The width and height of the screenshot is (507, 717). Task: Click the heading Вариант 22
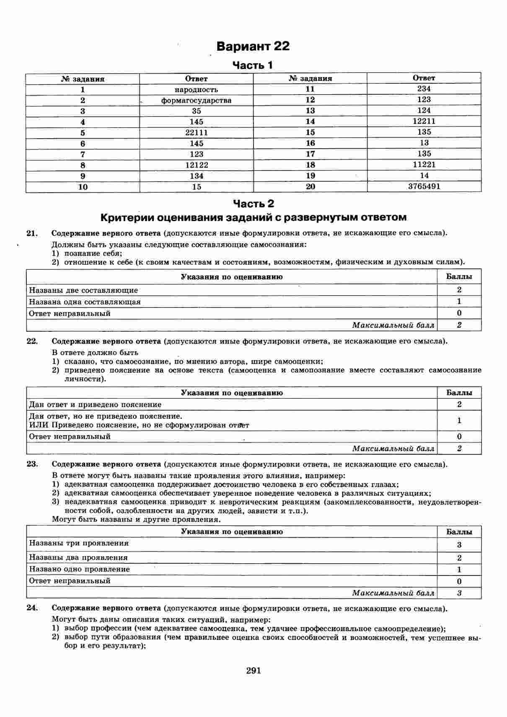pyautogui.click(x=253, y=46)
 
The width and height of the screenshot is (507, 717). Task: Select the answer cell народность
pyautogui.click(x=196, y=90)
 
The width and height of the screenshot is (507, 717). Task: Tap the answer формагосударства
pyautogui.click(x=196, y=101)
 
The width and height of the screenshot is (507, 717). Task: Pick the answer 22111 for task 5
pyautogui.click(x=196, y=133)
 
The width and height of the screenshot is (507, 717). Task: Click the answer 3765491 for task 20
pyautogui.click(x=424, y=186)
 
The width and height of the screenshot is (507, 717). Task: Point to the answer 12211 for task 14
pyautogui.click(x=424, y=121)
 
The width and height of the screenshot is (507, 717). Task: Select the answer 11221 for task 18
pyautogui.click(x=424, y=165)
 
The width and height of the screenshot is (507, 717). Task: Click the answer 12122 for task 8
pyautogui.click(x=196, y=165)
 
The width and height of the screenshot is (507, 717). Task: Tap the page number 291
pyautogui.click(x=253, y=671)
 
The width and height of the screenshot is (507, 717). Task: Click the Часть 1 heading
pyautogui.click(x=253, y=65)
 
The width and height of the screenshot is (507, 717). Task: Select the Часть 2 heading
pyautogui.click(x=253, y=204)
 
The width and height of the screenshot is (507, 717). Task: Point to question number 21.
pyautogui.click(x=32, y=233)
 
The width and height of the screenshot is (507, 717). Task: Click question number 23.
pyautogui.click(x=32, y=464)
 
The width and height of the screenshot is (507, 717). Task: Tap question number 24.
pyautogui.click(x=32, y=608)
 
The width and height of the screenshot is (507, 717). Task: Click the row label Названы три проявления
pyautogui.click(x=78, y=543)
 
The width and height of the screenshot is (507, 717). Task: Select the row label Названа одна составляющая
pyautogui.click(x=85, y=302)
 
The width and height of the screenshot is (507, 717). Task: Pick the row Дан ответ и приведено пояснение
pyautogui.click(x=95, y=405)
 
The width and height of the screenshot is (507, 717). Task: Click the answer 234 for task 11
pyautogui.click(x=424, y=89)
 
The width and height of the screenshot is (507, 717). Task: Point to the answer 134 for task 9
pyautogui.click(x=196, y=176)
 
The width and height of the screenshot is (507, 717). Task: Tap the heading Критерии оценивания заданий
pyautogui.click(x=253, y=217)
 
